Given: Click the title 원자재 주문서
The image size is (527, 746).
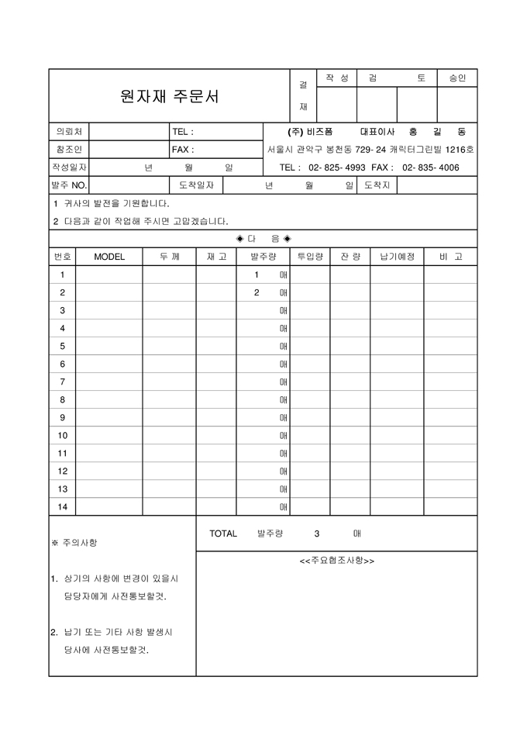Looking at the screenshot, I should [x=170, y=97].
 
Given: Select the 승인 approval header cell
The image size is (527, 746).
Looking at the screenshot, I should [x=457, y=78].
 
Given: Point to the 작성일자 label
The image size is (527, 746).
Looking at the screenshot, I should [x=69, y=168].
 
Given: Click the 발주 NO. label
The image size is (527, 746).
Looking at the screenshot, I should [x=69, y=185].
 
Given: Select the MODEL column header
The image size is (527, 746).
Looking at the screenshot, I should [x=108, y=257].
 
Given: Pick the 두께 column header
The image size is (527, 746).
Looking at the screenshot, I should [x=169, y=257].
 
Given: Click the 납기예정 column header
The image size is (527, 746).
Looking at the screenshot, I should [x=397, y=257].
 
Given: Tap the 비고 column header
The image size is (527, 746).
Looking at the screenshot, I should [x=450, y=257].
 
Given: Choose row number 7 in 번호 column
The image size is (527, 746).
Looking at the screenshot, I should [x=63, y=382].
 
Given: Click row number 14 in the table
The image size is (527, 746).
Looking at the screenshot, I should [x=63, y=507].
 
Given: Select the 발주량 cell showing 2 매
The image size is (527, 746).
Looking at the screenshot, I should [x=263, y=292].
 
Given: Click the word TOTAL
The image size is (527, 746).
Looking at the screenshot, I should [x=223, y=534].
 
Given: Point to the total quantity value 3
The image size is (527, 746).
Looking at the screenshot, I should [x=317, y=534].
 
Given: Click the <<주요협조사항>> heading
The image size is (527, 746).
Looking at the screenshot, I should [x=336, y=561].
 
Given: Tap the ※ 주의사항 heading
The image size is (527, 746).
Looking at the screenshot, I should [x=74, y=543].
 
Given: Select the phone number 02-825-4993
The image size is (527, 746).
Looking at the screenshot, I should [x=337, y=168].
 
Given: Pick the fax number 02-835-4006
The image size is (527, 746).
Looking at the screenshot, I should [x=430, y=168].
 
